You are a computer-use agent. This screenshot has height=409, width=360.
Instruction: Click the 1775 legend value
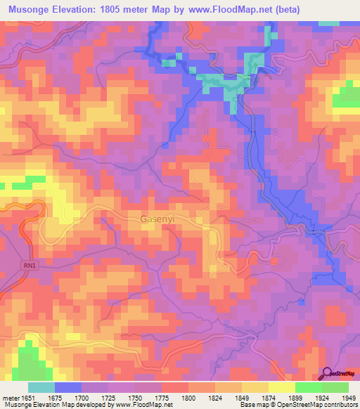156,397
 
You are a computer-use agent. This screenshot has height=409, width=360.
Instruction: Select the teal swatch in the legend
41,387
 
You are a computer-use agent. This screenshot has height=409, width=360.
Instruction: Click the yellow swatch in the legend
282,387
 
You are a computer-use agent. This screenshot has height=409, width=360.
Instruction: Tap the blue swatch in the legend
68,387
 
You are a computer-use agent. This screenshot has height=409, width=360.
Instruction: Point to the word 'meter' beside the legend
10,397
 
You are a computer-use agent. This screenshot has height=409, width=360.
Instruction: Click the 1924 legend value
314,397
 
